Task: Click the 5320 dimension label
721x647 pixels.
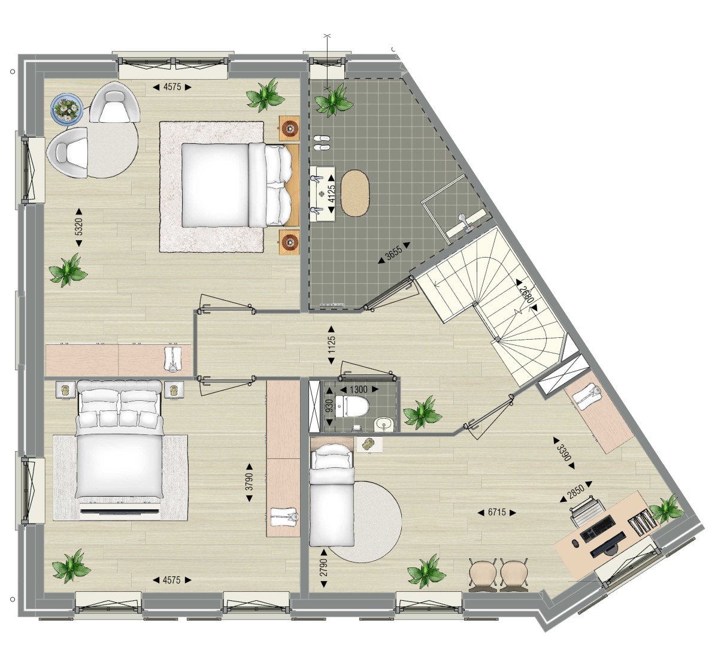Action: pos(78,227)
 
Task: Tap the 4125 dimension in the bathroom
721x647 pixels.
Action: pos(331,194)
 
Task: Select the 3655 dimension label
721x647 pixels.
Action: pos(394,253)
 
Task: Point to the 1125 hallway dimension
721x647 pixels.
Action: pos(331,344)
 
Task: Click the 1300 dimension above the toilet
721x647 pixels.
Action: pos(359,389)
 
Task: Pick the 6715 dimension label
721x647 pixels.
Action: pos(497,513)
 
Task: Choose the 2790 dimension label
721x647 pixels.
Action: pos(324,569)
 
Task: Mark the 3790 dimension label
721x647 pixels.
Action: pos(249,482)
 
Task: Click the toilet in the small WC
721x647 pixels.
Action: pos(352,407)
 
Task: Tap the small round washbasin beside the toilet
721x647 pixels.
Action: pos(384,425)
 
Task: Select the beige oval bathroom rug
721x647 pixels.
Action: pos(355,193)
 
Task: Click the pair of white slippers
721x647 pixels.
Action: pos(322,142)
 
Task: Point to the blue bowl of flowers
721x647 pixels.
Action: pos(67,108)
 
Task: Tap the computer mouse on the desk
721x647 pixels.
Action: pos(575,543)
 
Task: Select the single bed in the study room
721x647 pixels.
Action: pos(332,495)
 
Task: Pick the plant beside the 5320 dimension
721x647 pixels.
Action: pos(68,270)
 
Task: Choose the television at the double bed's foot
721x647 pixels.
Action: pos(120,511)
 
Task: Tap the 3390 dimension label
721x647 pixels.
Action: pos(564,453)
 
